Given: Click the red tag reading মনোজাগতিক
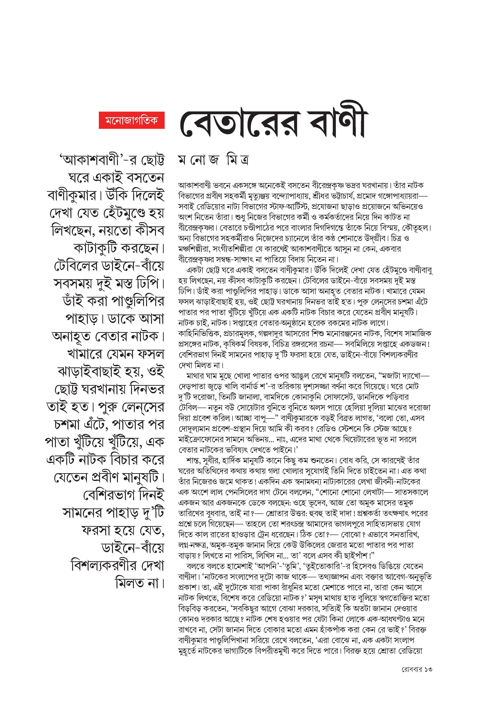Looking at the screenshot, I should pos(132,120).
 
